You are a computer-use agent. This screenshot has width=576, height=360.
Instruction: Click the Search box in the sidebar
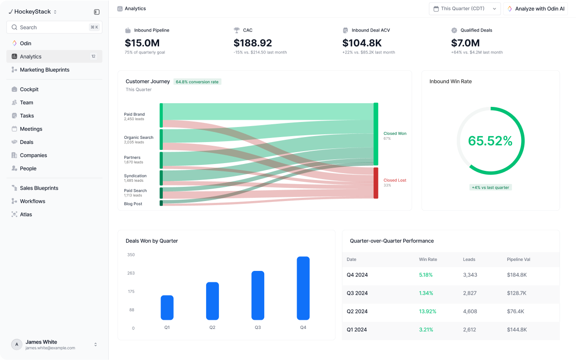[x=54, y=27]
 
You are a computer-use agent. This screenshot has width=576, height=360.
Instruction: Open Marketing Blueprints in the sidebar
[x=44, y=69]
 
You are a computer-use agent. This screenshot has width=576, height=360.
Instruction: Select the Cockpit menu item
[x=29, y=89]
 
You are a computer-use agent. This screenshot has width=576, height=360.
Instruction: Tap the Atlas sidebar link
[x=26, y=214]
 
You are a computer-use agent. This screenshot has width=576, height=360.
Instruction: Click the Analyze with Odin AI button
[x=536, y=9]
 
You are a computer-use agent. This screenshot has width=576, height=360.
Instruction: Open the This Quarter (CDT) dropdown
[x=464, y=9]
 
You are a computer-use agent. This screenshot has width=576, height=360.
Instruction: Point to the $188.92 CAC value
[x=252, y=43]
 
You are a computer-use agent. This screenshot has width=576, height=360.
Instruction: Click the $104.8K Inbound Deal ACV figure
[x=362, y=43]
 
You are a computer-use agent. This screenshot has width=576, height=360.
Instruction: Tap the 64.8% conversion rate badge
[x=197, y=82]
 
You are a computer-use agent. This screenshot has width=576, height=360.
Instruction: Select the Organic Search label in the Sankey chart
[x=139, y=138]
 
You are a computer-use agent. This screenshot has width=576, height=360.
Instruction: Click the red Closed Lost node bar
[x=376, y=183]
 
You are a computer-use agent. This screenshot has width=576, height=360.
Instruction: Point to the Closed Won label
[x=395, y=133]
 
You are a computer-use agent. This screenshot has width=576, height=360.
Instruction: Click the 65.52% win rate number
[x=491, y=141]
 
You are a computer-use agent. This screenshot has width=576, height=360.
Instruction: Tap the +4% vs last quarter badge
[x=491, y=187]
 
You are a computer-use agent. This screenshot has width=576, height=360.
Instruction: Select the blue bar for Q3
[x=258, y=296]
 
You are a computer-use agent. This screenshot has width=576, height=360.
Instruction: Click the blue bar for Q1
[x=167, y=307]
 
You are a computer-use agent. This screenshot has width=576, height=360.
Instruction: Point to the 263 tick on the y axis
[x=131, y=273]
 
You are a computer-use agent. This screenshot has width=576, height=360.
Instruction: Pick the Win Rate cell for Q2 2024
[x=427, y=311]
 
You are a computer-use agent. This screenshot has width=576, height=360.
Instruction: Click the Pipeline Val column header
[x=518, y=259]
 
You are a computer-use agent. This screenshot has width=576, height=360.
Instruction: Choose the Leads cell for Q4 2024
[x=470, y=275]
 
